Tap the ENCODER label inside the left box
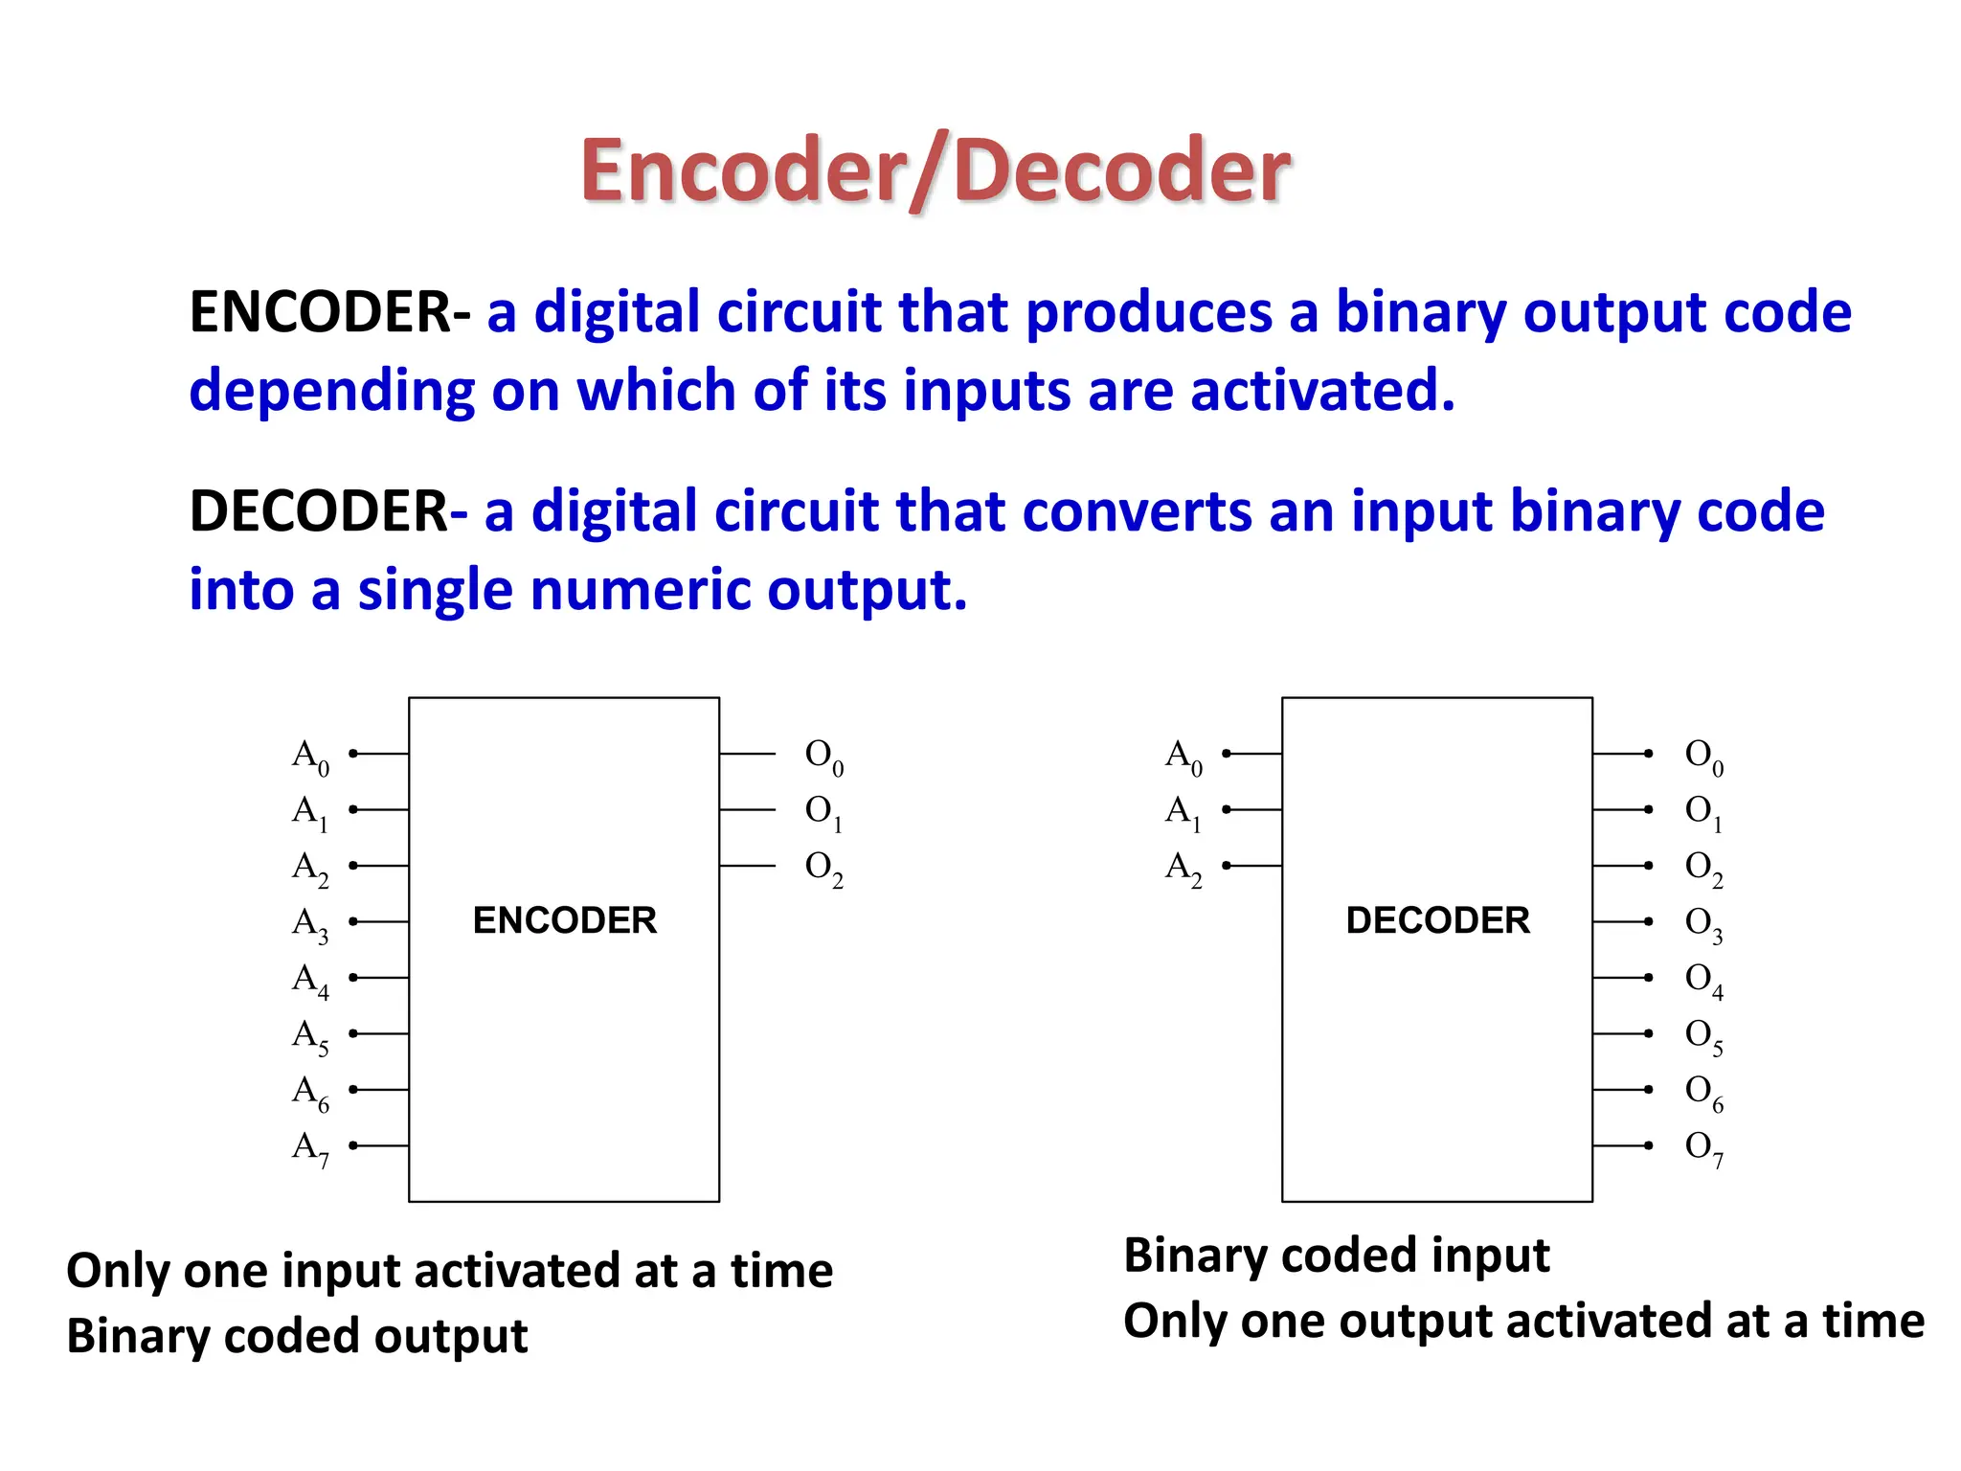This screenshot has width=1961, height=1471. [564, 920]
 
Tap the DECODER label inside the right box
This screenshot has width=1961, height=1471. [1437, 920]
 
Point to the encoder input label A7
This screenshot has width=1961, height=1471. [310, 1148]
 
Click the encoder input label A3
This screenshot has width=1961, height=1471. [310, 924]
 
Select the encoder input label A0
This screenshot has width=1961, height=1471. [310, 757]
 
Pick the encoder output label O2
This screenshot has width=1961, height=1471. [823, 868]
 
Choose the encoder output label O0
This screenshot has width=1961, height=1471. [823, 757]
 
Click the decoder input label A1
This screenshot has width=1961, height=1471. [1183, 812]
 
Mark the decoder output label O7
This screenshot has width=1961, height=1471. [1703, 1148]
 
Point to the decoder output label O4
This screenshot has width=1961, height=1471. [1703, 980]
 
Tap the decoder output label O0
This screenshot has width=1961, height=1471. [1703, 757]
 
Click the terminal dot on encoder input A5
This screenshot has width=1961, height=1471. [353, 1033]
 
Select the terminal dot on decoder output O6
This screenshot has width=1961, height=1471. [1648, 1089]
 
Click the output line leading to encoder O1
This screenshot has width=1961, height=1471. [747, 810]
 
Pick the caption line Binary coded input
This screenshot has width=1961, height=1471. [1336, 1256]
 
